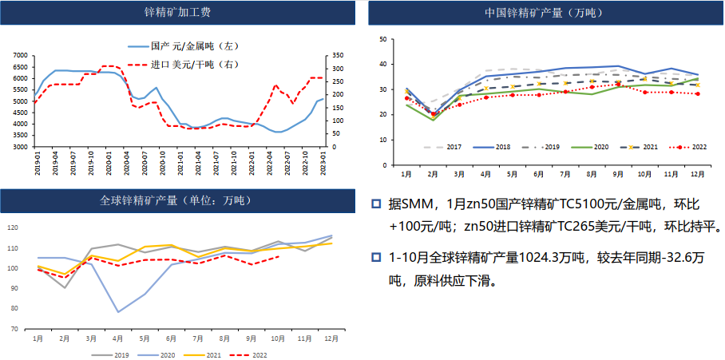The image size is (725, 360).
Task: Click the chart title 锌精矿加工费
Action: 177,13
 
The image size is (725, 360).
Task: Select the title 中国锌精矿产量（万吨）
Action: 544,13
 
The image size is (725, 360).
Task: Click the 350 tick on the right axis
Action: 336,56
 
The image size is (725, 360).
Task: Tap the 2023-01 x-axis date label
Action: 323,163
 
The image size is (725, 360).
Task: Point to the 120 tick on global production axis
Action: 12,227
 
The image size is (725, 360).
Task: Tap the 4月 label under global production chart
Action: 117,338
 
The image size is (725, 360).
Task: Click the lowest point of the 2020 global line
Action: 118,312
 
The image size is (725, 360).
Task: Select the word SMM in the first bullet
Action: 422,204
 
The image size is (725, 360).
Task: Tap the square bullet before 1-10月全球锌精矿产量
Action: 375,258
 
